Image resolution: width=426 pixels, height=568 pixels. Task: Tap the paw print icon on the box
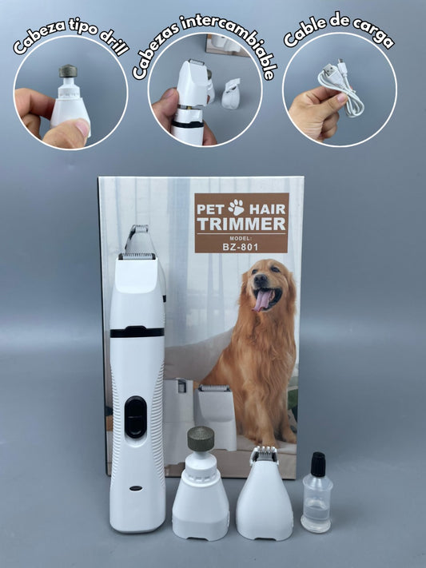point(236,207)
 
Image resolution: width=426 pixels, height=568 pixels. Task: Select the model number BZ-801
point(241,248)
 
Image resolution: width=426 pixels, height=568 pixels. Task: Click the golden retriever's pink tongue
point(262,300)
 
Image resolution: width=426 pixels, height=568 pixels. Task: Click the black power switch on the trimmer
point(135,416)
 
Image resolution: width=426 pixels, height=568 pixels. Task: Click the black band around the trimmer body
point(137,332)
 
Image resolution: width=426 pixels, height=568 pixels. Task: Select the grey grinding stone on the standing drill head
point(201,439)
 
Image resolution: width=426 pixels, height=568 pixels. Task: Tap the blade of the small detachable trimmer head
point(264,455)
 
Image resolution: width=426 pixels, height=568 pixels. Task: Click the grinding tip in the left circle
point(68,71)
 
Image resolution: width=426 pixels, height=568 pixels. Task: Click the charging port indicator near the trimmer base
point(137,487)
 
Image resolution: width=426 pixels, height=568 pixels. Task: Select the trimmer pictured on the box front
point(213,415)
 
